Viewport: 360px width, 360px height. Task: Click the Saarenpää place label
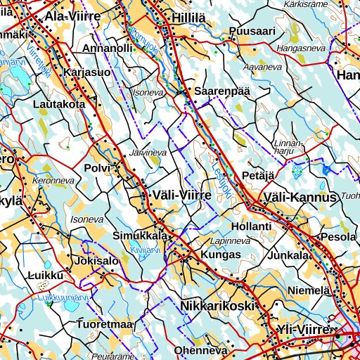pyautogui.click(x=218, y=91)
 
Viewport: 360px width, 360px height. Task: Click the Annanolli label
pyautogui.click(x=108, y=49)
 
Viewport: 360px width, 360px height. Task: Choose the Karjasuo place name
pyautogui.click(x=86, y=72)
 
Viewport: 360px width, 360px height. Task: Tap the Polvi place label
pyautogui.click(x=97, y=169)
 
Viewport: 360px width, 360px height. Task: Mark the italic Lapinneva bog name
pyautogui.click(x=231, y=240)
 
